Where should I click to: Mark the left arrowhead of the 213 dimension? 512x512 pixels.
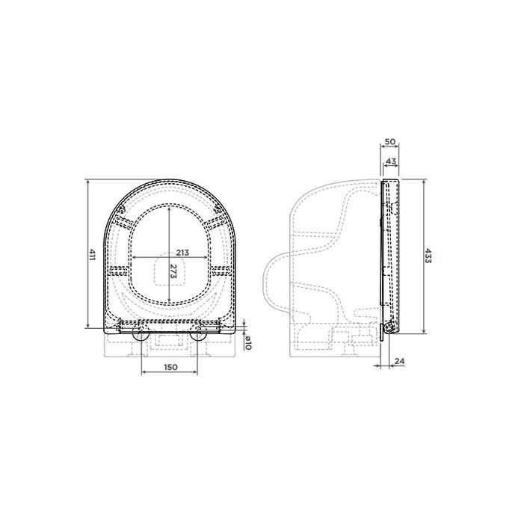[x=133, y=258]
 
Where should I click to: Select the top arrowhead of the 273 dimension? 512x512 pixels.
[x=170, y=206]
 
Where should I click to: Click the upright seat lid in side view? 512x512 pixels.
[x=392, y=254]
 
